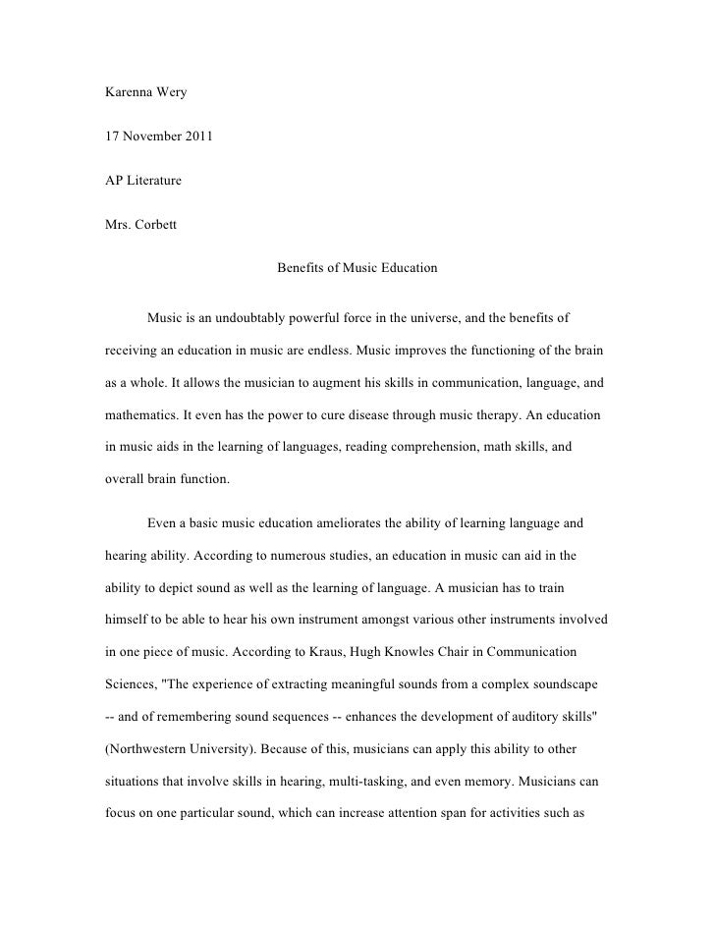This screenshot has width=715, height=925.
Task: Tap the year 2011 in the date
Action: coord(194,138)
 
